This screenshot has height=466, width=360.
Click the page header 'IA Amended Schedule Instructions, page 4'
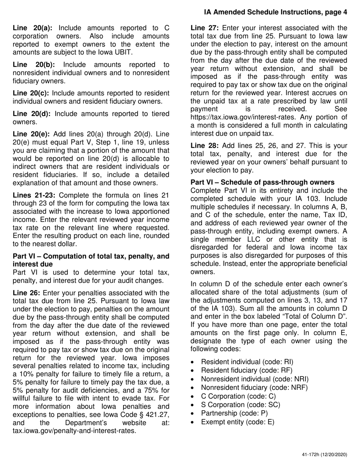click(x=275, y=12)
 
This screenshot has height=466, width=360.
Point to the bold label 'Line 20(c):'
click(x=31, y=93)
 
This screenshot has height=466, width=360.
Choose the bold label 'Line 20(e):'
click(x=33, y=134)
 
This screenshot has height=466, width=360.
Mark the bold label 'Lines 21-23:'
click(x=34, y=195)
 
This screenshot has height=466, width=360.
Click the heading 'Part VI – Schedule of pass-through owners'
click(x=262, y=182)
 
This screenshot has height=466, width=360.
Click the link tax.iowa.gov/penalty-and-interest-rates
click(x=74, y=430)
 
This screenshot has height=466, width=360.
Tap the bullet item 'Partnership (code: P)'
click(x=234, y=413)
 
